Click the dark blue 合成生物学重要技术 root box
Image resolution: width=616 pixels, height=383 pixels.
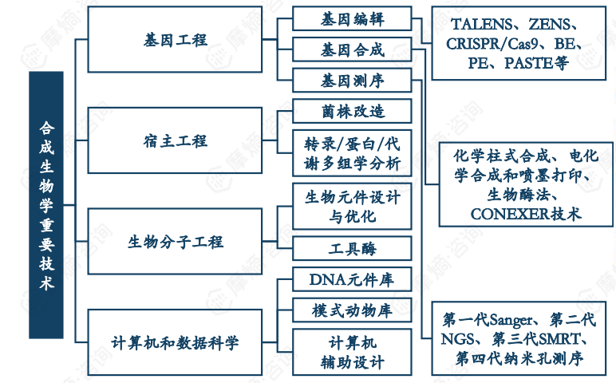(x=45, y=204)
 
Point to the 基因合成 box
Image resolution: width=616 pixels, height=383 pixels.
(x=352, y=49)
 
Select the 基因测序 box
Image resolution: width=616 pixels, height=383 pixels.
(x=352, y=81)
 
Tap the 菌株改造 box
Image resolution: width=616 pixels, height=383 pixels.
(x=352, y=110)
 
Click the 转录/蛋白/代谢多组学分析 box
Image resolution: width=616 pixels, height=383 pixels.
(x=352, y=154)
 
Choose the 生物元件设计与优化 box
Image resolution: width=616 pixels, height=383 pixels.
(x=352, y=206)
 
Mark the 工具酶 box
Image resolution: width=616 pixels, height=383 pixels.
(x=352, y=248)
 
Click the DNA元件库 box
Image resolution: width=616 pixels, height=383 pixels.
(x=352, y=278)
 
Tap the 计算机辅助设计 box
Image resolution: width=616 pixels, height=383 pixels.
(x=352, y=352)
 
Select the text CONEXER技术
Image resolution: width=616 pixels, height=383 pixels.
(x=525, y=214)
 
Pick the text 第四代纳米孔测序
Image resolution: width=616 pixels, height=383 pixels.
(x=519, y=359)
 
